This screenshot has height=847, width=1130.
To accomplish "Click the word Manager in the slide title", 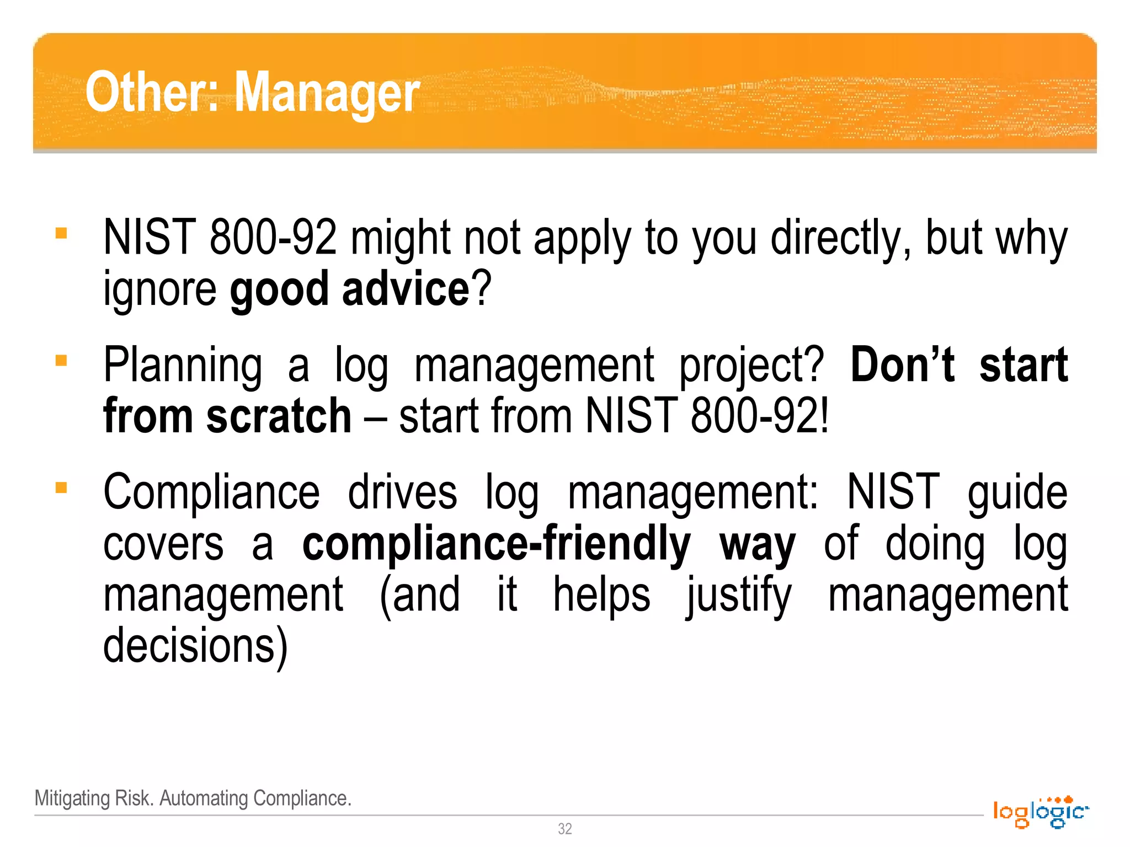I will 327,93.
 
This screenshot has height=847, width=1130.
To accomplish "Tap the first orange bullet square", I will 61,233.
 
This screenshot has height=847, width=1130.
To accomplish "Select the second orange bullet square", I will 61,361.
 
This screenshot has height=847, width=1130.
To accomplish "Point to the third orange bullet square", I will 61,488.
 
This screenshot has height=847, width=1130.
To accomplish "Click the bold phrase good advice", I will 350,290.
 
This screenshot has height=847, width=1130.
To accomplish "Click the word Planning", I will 183,365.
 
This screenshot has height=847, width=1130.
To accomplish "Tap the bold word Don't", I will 903,365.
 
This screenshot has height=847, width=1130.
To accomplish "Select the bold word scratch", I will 279,416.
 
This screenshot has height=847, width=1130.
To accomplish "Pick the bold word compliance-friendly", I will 496,544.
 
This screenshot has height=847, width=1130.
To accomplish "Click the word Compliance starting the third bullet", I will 211,492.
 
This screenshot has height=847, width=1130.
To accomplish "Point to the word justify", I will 739,596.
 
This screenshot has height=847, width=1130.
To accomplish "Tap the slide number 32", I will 565,829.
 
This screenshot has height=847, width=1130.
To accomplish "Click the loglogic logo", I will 1041,812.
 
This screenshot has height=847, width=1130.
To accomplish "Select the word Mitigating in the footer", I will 72,798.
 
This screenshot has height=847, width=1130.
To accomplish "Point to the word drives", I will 402,492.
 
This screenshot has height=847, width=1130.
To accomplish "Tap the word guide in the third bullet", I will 1017,492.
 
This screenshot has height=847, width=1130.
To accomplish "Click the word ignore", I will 160,290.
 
